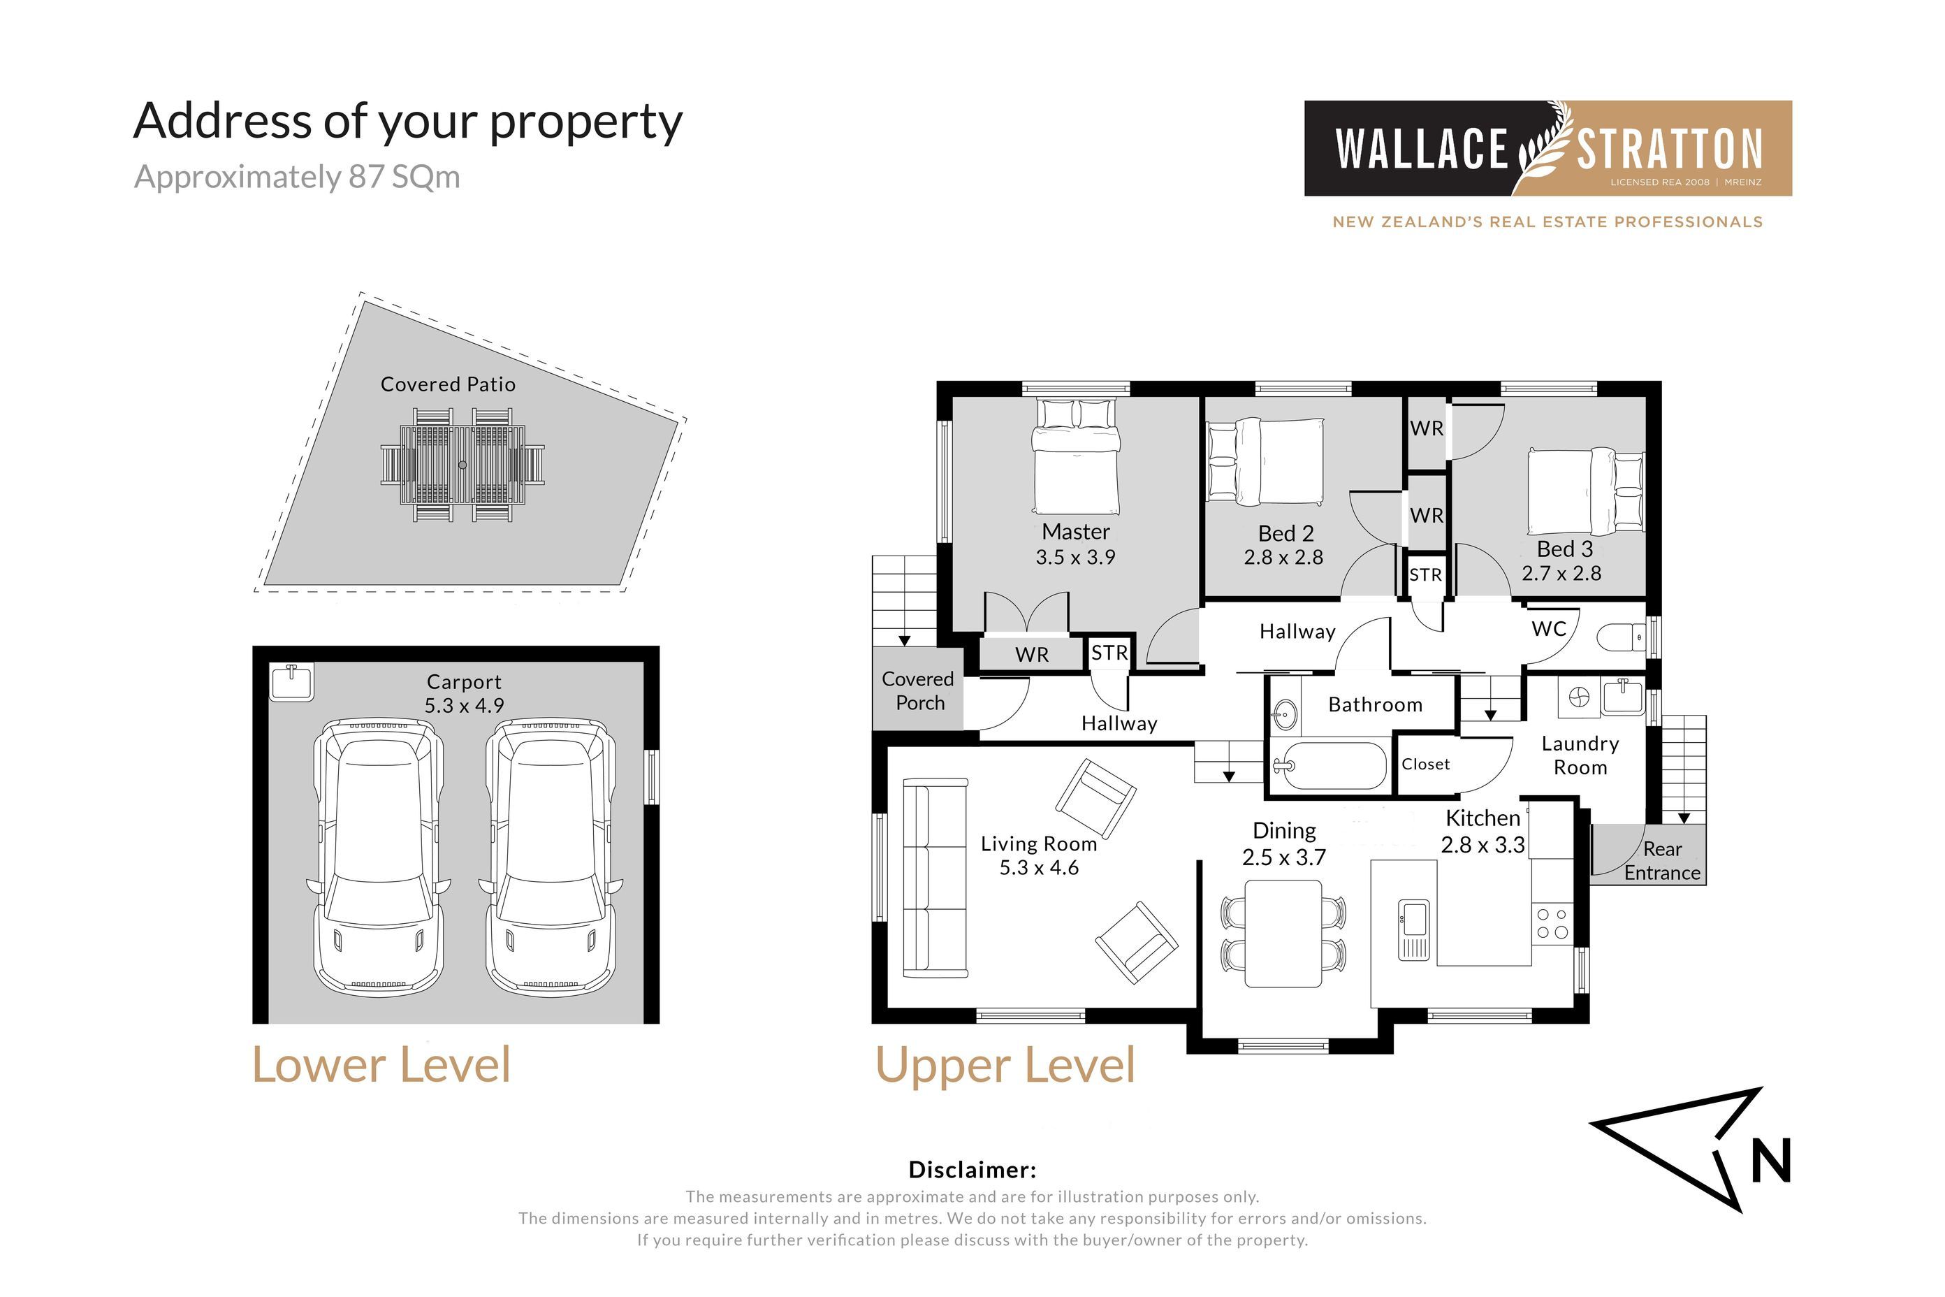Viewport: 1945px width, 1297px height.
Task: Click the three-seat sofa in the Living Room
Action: (935, 877)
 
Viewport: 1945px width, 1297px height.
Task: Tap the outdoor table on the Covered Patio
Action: (462, 464)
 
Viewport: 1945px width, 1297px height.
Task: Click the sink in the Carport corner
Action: (292, 683)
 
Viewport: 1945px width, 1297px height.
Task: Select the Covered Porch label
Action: (918, 690)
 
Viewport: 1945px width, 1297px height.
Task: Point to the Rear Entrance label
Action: (1662, 861)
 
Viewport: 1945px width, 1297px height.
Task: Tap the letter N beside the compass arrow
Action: (1771, 1161)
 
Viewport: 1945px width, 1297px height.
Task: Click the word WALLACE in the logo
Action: (1422, 149)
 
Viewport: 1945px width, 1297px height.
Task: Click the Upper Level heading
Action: (1005, 1066)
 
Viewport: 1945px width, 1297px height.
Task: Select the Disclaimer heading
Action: (972, 1170)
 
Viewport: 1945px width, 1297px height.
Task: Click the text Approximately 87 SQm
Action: (297, 177)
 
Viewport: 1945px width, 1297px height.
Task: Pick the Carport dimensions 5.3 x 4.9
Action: (464, 706)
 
